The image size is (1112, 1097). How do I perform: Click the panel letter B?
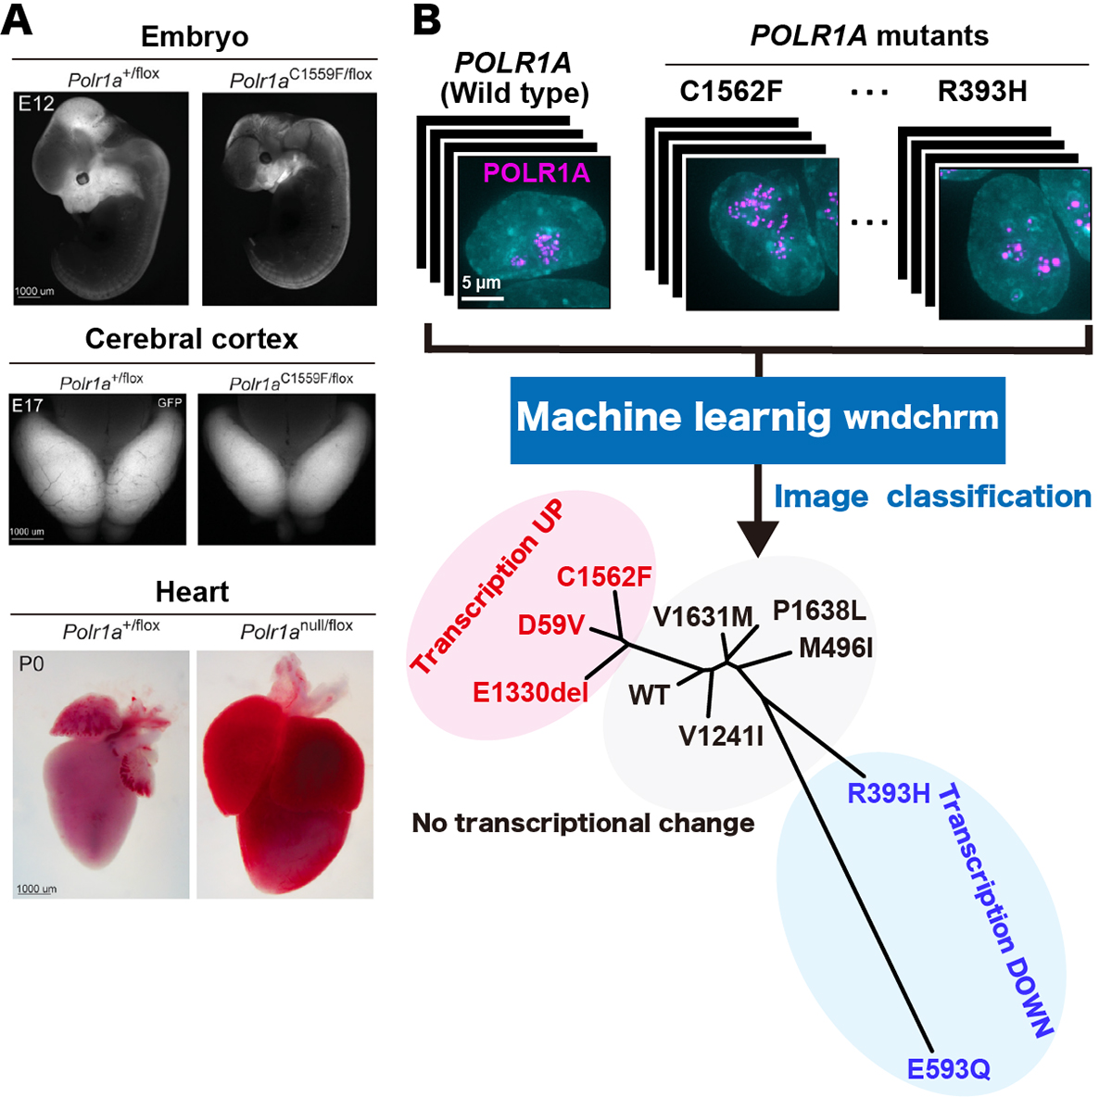pyautogui.click(x=427, y=19)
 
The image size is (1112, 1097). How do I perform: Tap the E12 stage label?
pyautogui.click(x=36, y=104)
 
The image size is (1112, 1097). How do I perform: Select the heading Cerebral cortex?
pyautogui.click(x=192, y=339)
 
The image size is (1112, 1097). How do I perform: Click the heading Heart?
pyautogui.click(x=192, y=591)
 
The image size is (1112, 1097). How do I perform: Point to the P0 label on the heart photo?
pyautogui.click(x=32, y=663)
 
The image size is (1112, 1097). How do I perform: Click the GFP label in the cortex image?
pyautogui.click(x=170, y=402)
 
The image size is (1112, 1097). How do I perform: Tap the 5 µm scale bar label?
pyautogui.click(x=481, y=283)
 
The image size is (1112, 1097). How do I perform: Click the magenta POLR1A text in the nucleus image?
pyautogui.click(x=537, y=173)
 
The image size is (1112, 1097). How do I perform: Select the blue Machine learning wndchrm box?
pyautogui.click(x=757, y=419)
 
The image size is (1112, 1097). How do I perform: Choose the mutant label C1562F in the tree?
pyautogui.click(x=604, y=576)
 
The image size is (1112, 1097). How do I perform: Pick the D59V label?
pyautogui.click(x=550, y=625)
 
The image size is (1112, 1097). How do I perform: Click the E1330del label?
pyautogui.click(x=530, y=692)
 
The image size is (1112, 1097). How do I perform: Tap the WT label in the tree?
pyautogui.click(x=648, y=695)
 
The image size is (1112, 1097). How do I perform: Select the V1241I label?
pyautogui.click(x=721, y=737)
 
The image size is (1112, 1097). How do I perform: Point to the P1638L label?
pyautogui.click(x=819, y=611)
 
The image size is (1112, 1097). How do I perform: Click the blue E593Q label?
pyautogui.click(x=948, y=1069)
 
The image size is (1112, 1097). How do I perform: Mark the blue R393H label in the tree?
pyautogui.click(x=888, y=794)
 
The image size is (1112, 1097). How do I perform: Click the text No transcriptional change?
pyautogui.click(x=583, y=823)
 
